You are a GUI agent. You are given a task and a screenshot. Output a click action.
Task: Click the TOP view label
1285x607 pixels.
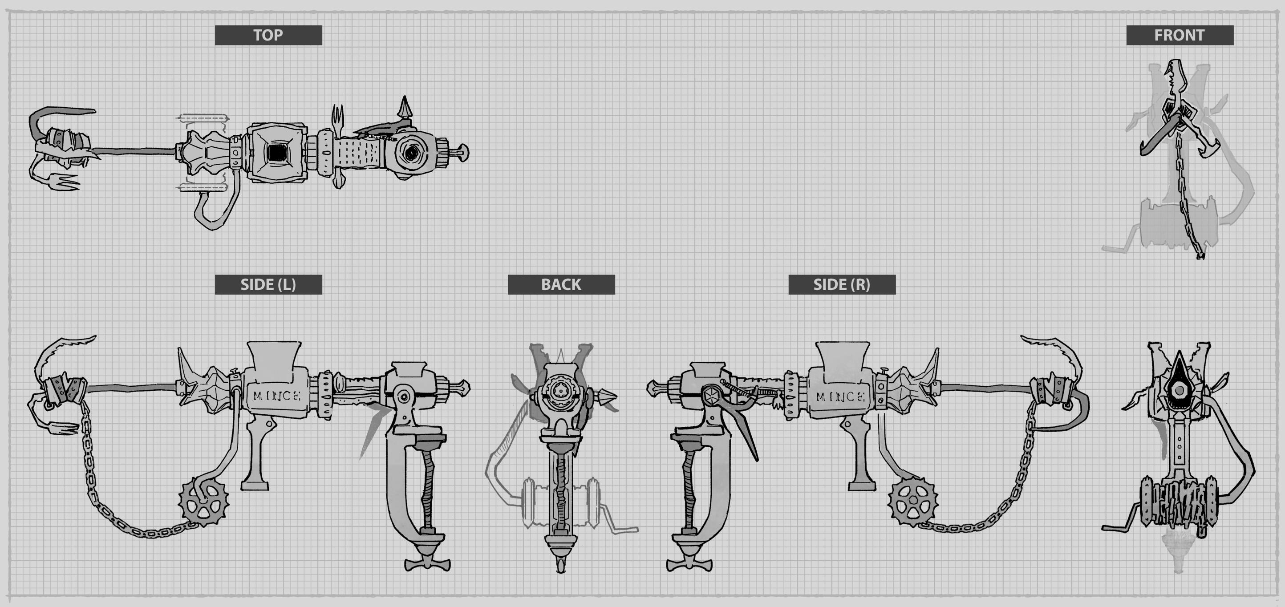(x=268, y=35)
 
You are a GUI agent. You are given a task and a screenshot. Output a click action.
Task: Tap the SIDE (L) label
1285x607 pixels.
(x=268, y=284)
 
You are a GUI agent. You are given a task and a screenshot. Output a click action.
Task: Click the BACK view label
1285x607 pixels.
(x=561, y=284)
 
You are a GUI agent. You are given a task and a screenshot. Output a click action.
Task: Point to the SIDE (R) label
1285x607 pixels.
(x=842, y=284)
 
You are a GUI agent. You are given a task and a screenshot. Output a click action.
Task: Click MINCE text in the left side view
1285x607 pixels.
(x=276, y=396)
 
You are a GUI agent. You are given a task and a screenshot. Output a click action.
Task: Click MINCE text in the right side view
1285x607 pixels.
(x=840, y=397)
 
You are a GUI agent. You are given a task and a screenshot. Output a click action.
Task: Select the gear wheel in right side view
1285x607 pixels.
(x=912, y=501)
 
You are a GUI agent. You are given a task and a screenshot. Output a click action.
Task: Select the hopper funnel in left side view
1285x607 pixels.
(x=273, y=358)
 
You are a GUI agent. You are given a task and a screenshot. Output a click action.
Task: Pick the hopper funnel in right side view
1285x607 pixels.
(x=843, y=358)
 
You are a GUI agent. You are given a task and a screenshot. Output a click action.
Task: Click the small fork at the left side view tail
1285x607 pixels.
(x=62, y=429)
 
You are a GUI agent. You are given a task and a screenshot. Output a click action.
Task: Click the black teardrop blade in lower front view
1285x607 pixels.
(x=1179, y=379)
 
